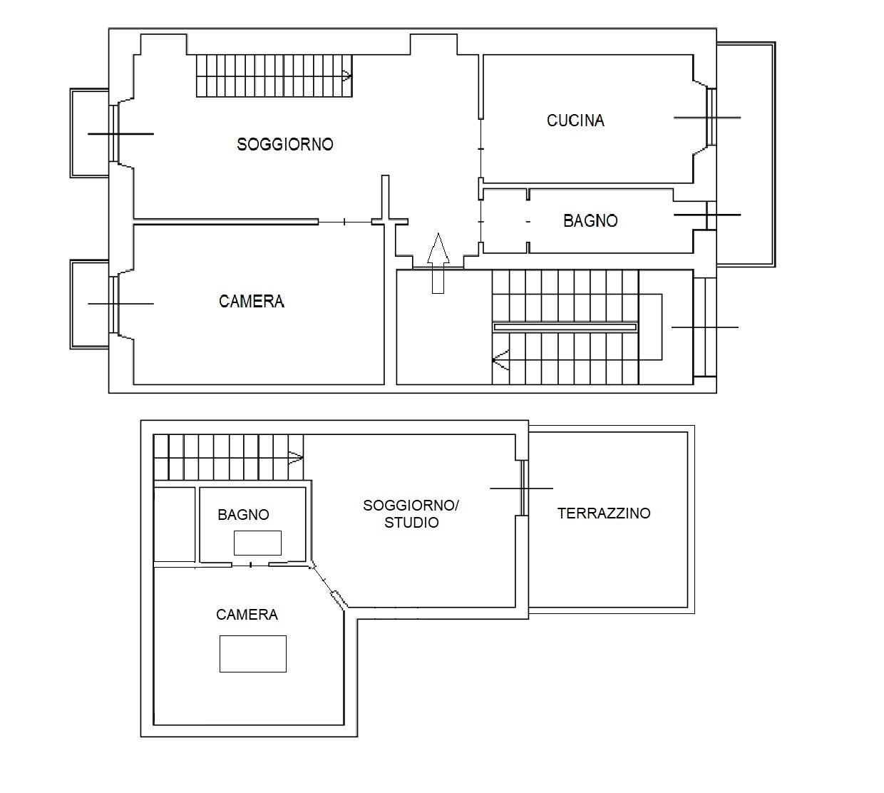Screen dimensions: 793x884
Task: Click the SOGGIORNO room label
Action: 285,144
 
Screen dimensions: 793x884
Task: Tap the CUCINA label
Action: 575,121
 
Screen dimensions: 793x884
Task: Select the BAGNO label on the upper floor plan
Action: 590,221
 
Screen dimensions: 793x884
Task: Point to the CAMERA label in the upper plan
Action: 252,302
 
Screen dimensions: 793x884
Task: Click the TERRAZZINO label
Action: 604,513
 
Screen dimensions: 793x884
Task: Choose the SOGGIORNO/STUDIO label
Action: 411,513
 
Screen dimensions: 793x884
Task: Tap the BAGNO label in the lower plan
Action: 243,515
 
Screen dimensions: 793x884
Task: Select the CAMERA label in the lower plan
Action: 247,615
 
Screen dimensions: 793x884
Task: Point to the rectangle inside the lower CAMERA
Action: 252,653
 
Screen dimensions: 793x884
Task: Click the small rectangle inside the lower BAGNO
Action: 257,543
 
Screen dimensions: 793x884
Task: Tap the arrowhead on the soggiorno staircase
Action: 346,75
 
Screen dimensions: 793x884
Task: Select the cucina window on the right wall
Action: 710,117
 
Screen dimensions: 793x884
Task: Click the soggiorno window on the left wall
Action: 113,133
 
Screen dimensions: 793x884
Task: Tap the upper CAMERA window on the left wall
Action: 113,304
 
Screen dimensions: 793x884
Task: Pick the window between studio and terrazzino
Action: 523,488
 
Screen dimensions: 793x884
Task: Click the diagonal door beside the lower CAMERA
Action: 328,587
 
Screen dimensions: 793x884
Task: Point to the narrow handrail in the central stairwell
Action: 565,327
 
